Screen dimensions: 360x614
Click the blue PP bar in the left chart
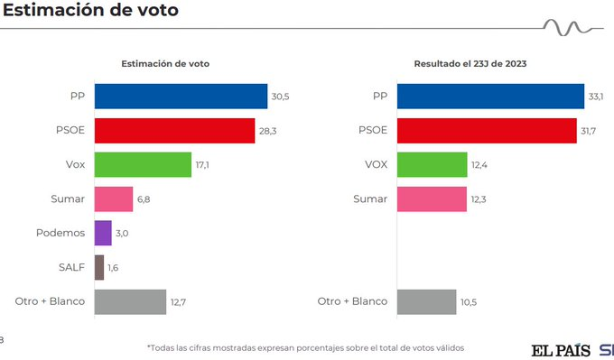click(181, 96)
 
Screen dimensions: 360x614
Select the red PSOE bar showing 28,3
click(174, 130)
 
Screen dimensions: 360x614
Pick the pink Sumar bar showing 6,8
click(113, 198)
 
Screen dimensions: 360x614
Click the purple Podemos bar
click(103, 233)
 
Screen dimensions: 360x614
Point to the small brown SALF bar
click(99, 267)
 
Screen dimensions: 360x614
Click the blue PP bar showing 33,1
click(490, 96)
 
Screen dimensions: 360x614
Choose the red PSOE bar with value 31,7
click(487, 130)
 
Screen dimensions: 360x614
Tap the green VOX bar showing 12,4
click(432, 164)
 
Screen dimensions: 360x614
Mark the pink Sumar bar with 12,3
click(432, 198)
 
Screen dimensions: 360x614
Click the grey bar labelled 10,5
click(426, 301)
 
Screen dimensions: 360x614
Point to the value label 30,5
click(280, 97)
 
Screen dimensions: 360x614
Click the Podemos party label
click(61, 233)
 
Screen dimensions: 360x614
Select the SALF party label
click(70, 267)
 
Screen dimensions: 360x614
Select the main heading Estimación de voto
click(90, 12)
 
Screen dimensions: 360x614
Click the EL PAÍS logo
click(560, 349)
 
